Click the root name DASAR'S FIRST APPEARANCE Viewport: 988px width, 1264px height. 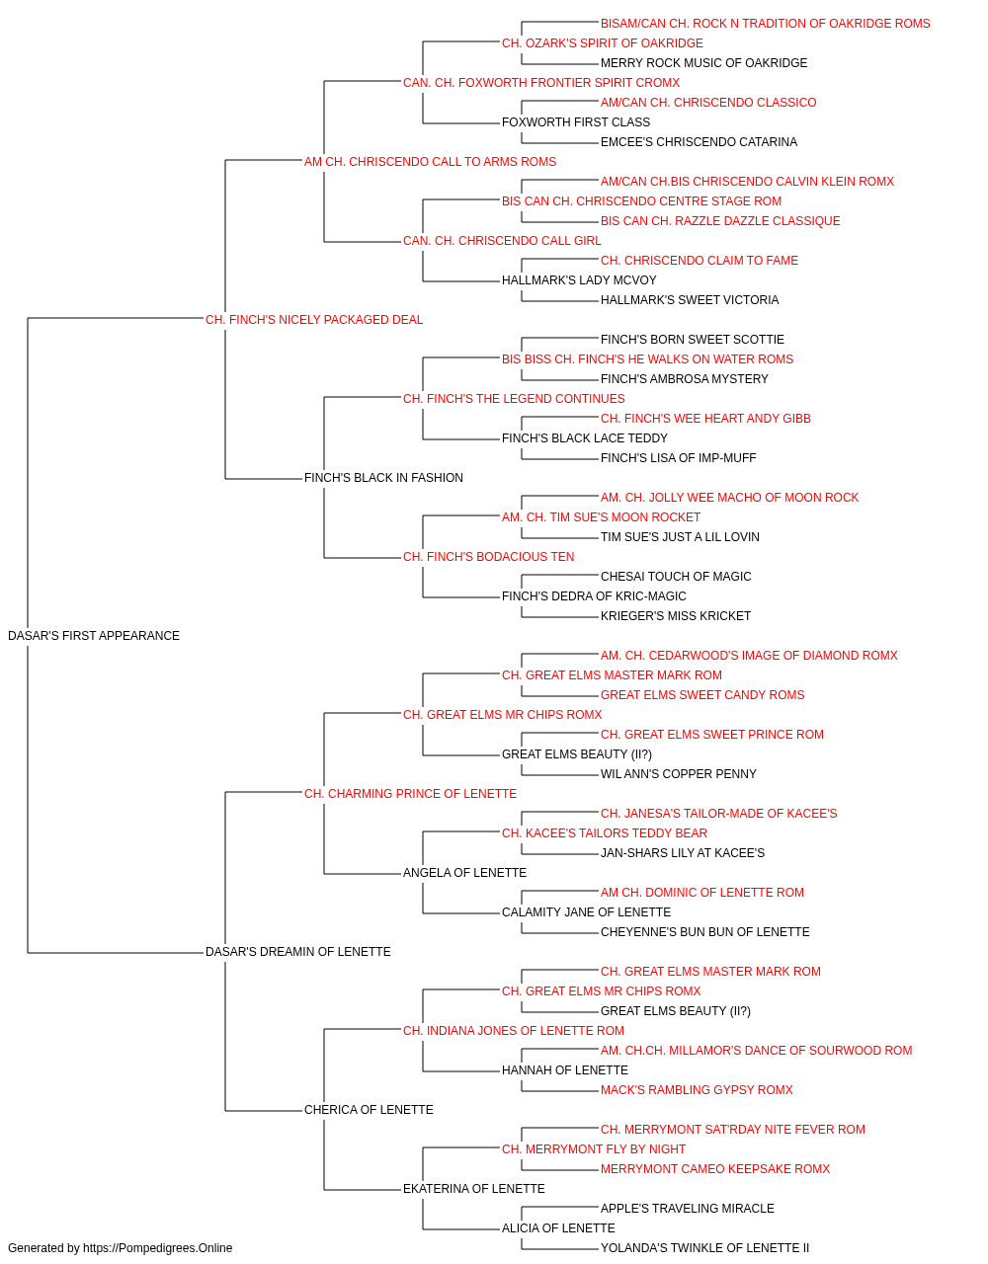point(94,636)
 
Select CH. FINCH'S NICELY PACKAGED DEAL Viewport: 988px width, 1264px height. point(314,320)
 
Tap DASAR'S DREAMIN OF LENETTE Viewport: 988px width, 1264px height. point(298,952)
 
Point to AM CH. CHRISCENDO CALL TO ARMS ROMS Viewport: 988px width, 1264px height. point(430,162)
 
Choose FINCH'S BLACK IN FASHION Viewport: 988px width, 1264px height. point(383,478)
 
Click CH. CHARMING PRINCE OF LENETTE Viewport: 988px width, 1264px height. point(410,794)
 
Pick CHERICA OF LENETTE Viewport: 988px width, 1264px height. point(369,1110)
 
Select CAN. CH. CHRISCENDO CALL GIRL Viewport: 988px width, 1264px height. point(502,241)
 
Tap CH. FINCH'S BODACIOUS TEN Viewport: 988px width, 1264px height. point(489,557)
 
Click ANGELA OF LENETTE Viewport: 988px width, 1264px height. point(465,873)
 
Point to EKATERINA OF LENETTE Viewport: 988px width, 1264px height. point(474,1189)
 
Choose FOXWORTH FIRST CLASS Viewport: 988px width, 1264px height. point(576,122)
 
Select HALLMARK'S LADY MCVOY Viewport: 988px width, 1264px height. point(579,280)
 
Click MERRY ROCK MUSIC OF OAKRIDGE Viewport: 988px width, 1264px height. point(704,63)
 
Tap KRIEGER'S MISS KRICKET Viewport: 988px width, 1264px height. point(676,616)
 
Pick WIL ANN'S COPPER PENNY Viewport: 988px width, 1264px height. point(679,774)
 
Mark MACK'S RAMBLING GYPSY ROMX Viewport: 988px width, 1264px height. point(697,1090)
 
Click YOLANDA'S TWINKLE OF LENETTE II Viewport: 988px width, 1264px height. point(704,1248)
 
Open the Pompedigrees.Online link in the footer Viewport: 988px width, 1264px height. point(158,1248)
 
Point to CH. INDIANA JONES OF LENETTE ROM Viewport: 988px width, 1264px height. point(514,1031)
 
